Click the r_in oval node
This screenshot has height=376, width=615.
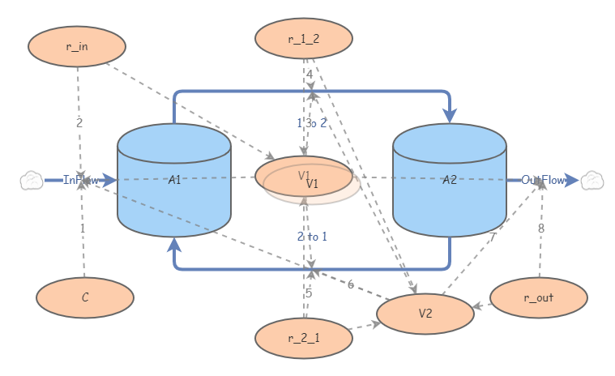tap(77, 46)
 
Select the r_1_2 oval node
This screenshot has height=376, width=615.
tap(304, 38)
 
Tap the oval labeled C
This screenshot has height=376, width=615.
tap(85, 297)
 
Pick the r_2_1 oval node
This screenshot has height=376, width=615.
tap(304, 338)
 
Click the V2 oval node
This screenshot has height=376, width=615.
tap(425, 314)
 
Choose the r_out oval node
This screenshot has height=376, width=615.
tap(539, 297)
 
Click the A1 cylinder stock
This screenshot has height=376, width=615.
tap(174, 181)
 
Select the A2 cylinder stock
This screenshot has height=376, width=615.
tap(450, 181)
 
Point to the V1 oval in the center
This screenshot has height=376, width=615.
tap(305, 177)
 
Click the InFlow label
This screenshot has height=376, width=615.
tap(81, 180)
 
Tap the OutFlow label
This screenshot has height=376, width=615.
tap(543, 180)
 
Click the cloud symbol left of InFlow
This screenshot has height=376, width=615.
tap(31, 180)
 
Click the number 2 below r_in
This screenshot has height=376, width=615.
tap(79, 123)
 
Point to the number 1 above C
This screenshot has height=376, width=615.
tap(82, 229)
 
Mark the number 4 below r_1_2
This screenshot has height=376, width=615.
tap(309, 75)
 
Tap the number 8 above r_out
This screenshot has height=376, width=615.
tap(541, 229)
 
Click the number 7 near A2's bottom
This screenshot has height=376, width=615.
tap(492, 237)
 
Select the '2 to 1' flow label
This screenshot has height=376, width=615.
tap(312, 237)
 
